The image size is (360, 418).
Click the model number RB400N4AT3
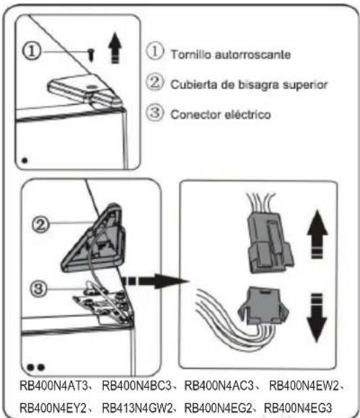[55, 386]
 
